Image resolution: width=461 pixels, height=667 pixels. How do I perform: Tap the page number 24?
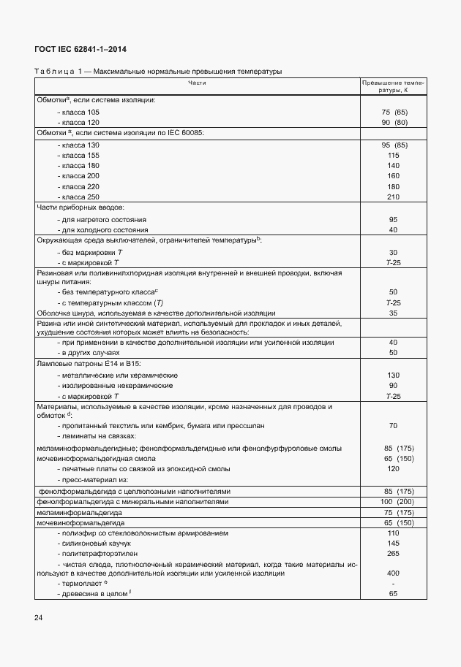[38, 618]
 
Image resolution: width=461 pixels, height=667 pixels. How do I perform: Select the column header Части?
[197, 83]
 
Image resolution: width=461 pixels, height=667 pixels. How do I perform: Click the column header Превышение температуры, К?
[393, 87]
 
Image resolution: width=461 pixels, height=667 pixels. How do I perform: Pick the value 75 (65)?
[394, 112]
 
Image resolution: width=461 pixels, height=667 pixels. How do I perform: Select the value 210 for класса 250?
[393, 197]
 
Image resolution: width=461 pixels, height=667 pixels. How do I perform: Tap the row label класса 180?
[80, 165]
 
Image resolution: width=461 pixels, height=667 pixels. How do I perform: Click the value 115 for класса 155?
[393, 155]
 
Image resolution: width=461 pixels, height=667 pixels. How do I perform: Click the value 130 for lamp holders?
[393, 375]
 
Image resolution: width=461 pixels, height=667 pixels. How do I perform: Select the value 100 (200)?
[394, 502]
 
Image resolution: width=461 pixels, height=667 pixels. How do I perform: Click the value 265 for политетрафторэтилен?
[393, 553]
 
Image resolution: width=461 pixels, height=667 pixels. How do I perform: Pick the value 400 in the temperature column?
[393, 573]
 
